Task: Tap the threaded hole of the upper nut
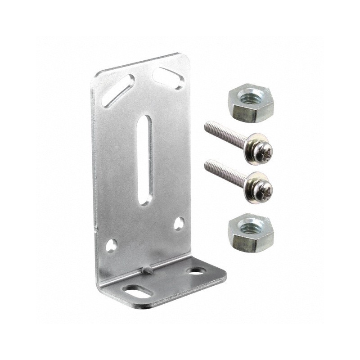247,98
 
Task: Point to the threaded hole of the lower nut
247,223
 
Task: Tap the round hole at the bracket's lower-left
111,245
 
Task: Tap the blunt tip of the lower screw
207,165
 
